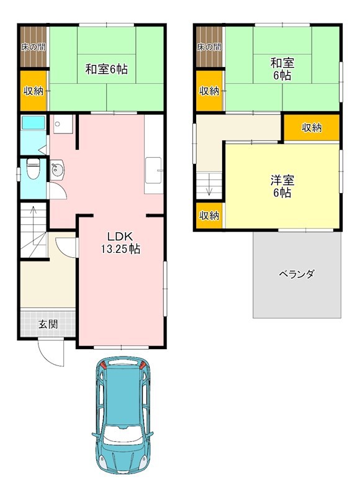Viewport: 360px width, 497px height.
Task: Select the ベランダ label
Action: pyautogui.click(x=296, y=274)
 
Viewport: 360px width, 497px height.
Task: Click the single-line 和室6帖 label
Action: pyautogui.click(x=106, y=70)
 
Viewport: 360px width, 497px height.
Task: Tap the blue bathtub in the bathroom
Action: pyautogui.click(x=34, y=123)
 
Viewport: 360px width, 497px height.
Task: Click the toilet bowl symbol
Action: pyautogui.click(x=34, y=168)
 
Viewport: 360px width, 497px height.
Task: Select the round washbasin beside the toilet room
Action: pyautogui.click(x=58, y=170)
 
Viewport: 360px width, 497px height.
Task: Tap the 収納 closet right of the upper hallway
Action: pyautogui.click(x=312, y=128)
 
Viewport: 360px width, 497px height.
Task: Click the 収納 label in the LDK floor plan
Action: pyautogui.click(x=34, y=91)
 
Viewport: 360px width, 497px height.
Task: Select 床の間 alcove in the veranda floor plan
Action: pyautogui.click(x=209, y=47)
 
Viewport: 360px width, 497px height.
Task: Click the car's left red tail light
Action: pyautogui.click(x=104, y=366)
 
